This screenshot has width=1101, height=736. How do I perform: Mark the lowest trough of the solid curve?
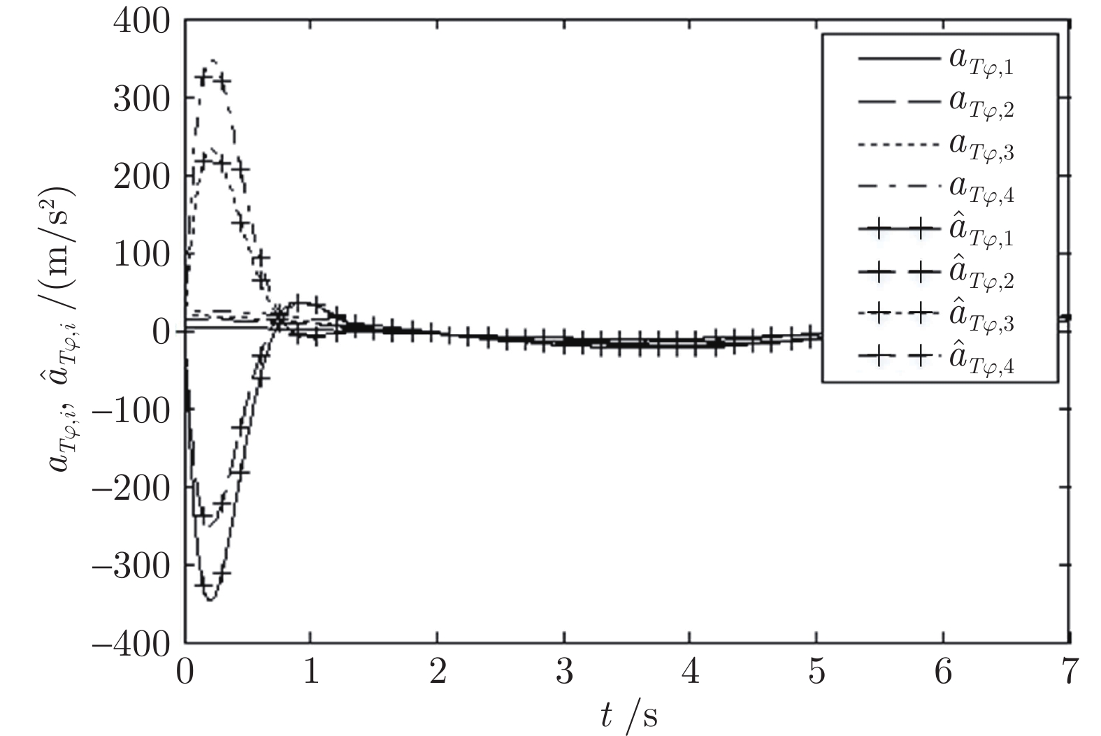(x=210, y=600)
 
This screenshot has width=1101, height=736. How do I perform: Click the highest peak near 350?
(x=213, y=61)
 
